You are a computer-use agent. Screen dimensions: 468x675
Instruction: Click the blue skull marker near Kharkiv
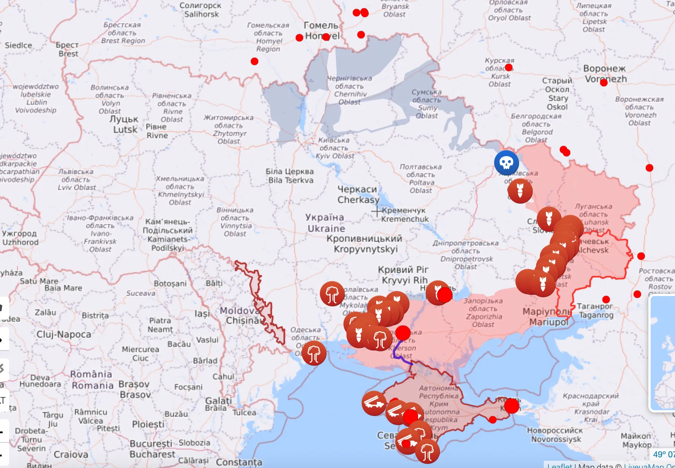point(506,163)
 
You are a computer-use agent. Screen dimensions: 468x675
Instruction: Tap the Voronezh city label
point(605,74)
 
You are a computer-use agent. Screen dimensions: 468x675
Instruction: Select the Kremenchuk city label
point(405,215)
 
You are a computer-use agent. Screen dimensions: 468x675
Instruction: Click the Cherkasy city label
point(358,194)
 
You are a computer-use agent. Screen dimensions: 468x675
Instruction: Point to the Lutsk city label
point(124,124)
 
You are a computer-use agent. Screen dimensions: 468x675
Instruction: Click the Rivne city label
point(157,131)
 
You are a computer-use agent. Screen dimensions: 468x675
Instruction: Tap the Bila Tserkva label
point(290,176)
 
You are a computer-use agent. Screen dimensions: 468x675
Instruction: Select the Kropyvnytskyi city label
point(365,244)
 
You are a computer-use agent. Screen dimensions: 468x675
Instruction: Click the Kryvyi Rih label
point(404,275)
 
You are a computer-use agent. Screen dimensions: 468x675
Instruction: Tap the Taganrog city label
point(596,310)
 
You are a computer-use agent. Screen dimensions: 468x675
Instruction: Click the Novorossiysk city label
point(556,435)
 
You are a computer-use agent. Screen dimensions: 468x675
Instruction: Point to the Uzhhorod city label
point(20,238)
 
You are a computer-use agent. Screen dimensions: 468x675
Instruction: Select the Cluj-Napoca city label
point(64,334)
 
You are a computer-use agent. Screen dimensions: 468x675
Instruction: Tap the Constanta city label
point(239,462)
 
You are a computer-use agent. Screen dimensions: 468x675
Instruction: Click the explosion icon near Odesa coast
point(314,353)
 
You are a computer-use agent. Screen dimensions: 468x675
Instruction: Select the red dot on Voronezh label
point(603,83)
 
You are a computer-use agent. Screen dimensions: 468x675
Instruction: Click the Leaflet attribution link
point(559,465)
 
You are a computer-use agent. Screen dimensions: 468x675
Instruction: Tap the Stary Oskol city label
point(557,94)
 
